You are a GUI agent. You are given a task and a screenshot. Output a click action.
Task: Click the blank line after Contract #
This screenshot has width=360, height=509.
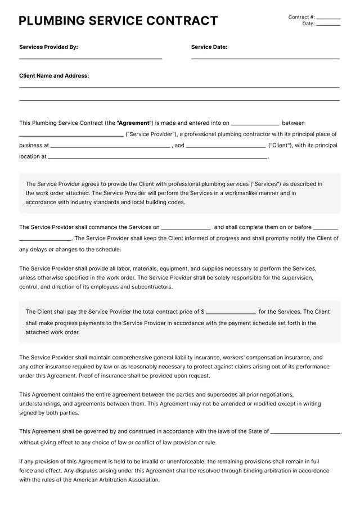(x=328, y=18)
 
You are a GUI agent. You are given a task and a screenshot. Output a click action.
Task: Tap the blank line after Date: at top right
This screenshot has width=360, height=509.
(x=328, y=25)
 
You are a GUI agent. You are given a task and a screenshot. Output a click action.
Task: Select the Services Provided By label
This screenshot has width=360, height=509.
(x=48, y=47)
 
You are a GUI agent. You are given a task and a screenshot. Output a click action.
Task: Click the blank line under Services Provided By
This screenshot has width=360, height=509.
(x=91, y=58)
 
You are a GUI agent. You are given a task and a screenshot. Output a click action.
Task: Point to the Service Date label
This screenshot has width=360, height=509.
(x=209, y=47)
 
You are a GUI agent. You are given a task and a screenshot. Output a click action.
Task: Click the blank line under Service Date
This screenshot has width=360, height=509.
(x=265, y=58)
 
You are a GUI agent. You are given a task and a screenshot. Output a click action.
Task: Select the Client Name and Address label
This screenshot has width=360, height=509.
(x=54, y=75)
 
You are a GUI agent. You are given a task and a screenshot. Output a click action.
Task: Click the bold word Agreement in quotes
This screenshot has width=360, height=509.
(x=134, y=123)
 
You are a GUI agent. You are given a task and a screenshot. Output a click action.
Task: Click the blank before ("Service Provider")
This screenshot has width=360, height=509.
(x=71, y=136)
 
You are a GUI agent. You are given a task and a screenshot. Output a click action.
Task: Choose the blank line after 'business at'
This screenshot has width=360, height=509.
(x=110, y=147)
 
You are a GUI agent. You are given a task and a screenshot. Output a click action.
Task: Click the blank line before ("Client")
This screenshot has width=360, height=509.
(x=226, y=147)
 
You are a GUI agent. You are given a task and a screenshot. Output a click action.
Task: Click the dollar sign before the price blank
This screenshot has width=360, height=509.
(x=202, y=312)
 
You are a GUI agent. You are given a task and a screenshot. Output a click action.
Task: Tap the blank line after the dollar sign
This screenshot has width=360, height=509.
(x=231, y=313)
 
